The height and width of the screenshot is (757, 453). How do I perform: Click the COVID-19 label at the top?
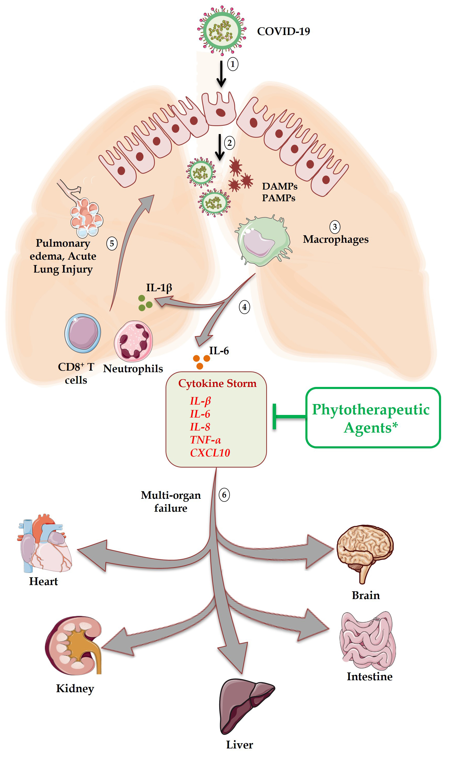[283, 31]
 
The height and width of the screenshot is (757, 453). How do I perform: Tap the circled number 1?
[233, 64]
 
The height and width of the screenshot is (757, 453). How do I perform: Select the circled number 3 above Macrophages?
[334, 227]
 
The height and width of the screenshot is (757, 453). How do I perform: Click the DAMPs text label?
[280, 186]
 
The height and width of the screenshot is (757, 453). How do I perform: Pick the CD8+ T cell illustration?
[83, 333]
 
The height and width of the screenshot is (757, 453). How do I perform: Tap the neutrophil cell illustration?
[133, 341]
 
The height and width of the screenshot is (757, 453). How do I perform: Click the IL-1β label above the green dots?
[159, 287]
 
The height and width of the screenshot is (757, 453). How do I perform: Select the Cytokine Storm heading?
[217, 383]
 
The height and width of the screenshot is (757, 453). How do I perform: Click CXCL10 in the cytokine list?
[210, 453]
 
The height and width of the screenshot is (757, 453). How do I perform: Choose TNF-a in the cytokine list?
[205, 440]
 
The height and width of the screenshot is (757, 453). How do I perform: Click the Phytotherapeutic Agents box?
[373, 418]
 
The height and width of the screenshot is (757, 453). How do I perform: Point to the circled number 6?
[224, 495]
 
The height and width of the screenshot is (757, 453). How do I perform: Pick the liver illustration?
[244, 705]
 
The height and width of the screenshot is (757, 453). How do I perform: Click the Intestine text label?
[369, 676]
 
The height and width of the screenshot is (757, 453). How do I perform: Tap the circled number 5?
[112, 244]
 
